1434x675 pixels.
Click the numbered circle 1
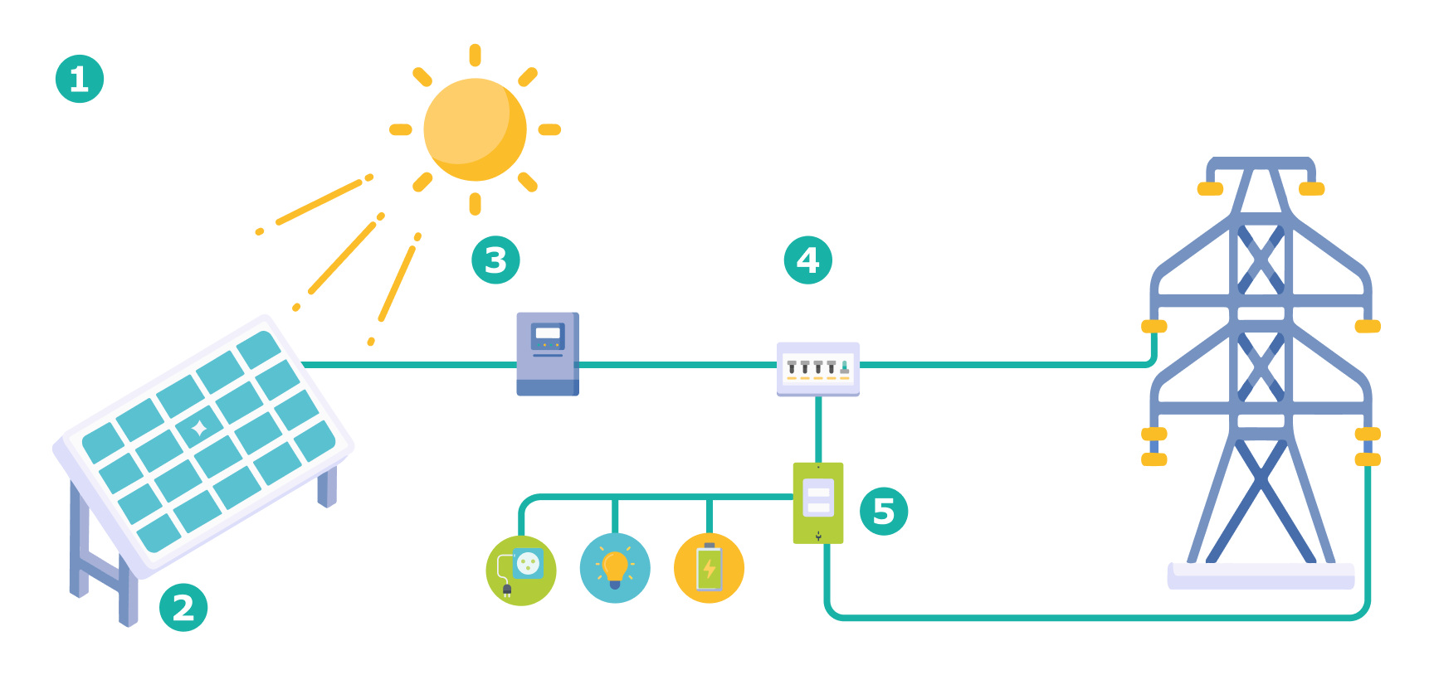pyautogui.click(x=80, y=79)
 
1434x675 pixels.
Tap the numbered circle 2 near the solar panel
pyautogui.click(x=183, y=607)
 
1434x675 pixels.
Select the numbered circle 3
pyautogui.click(x=495, y=260)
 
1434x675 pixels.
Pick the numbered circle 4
pyautogui.click(x=807, y=260)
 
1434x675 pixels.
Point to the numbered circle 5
pyautogui.click(x=884, y=512)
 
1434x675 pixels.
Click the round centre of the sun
pyautogui.click(x=475, y=129)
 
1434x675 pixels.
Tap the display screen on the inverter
pyautogui.click(x=548, y=333)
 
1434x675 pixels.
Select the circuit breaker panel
pyautogui.click(x=817, y=369)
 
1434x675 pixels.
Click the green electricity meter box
pyautogui.click(x=817, y=503)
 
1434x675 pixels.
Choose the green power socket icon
pyautogui.click(x=521, y=571)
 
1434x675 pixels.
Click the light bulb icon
pyautogui.click(x=615, y=568)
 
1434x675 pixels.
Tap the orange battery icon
pyautogui.click(x=709, y=568)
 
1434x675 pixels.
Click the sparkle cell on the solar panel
pyautogui.click(x=199, y=428)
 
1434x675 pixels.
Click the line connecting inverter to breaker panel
pyautogui.click(x=676, y=364)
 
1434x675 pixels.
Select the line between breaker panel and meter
pyautogui.click(x=818, y=429)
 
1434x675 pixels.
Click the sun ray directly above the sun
pyautogui.click(x=475, y=56)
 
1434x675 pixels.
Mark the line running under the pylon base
pyautogui.click(x=1095, y=618)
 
